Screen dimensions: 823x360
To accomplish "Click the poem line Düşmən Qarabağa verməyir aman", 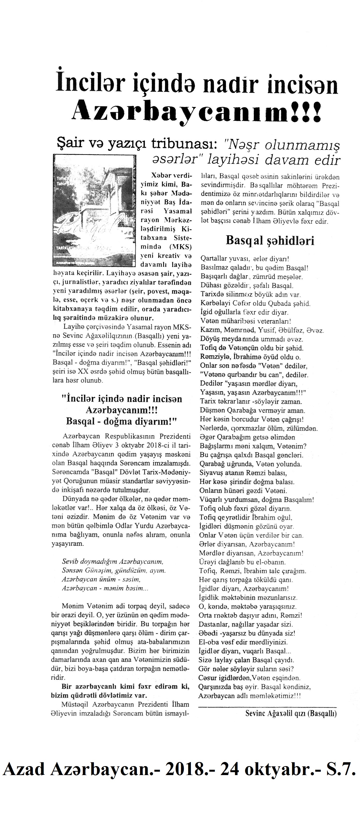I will coord(252,410).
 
